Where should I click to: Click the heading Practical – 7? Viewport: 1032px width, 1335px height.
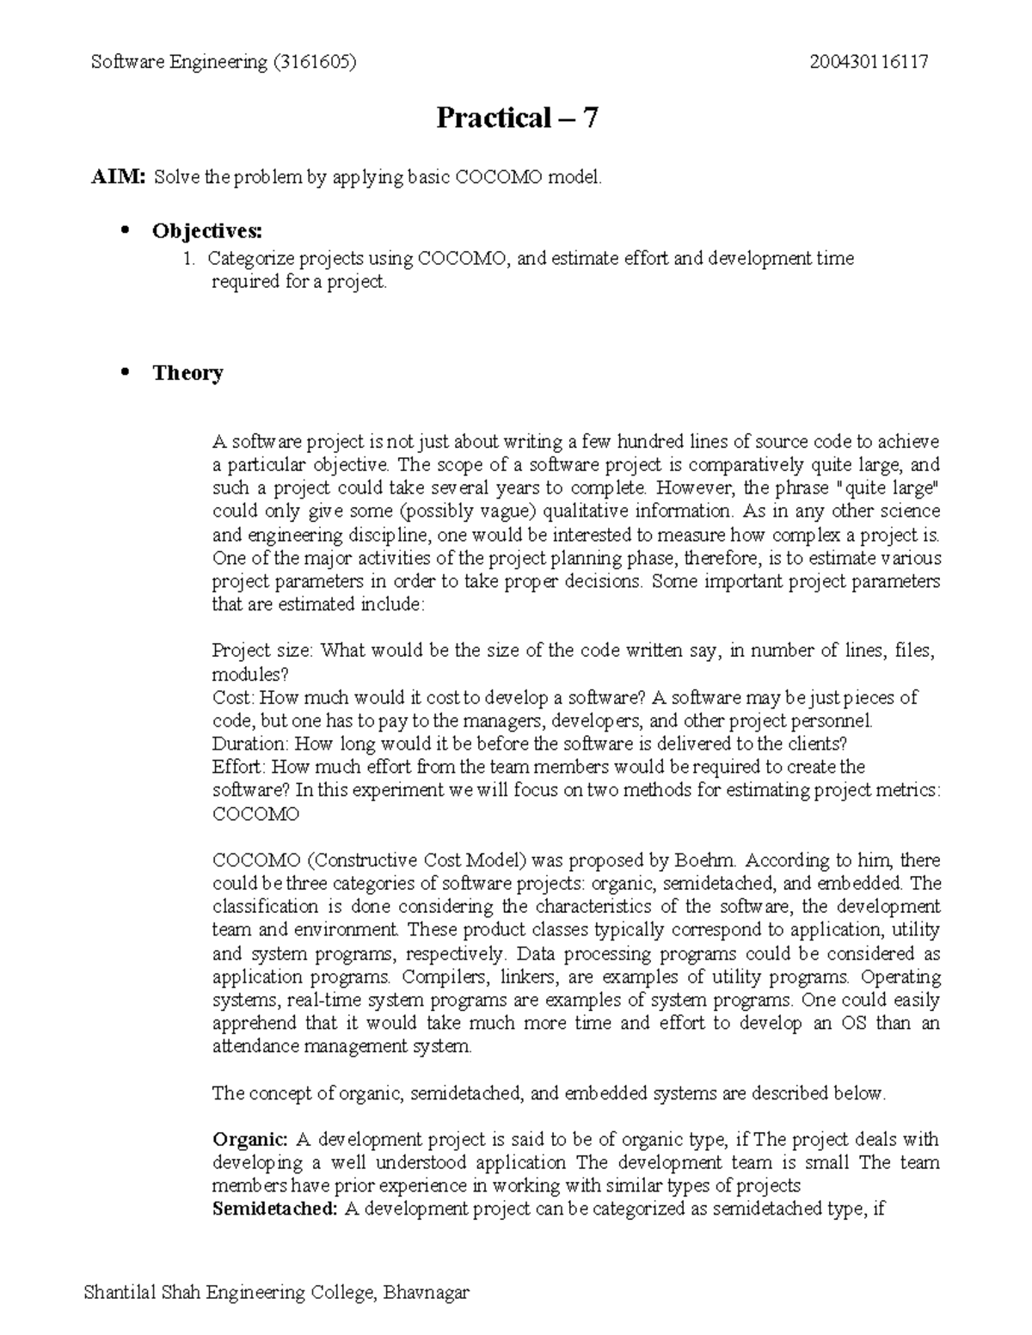click(516, 118)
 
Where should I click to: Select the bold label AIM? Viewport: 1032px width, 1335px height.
click(120, 178)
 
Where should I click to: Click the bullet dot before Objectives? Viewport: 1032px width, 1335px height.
click(126, 230)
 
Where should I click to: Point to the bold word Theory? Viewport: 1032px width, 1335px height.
click(187, 373)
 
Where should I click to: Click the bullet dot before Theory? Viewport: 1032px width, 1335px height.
click(126, 371)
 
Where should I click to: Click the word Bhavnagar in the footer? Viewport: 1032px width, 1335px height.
click(427, 1292)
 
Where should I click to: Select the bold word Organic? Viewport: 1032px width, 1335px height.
click(250, 1140)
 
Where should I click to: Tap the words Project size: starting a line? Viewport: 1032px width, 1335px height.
click(263, 651)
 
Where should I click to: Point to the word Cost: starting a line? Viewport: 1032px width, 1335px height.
click(232, 697)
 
